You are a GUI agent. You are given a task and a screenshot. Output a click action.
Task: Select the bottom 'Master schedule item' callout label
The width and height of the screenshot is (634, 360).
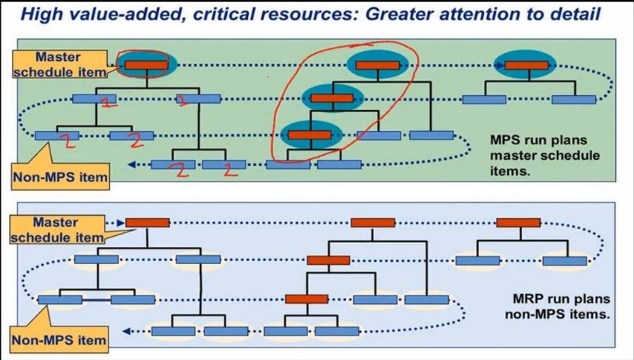tap(57, 230)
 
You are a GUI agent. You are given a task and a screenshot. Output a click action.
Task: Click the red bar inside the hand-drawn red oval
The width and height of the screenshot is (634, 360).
tap(146, 65)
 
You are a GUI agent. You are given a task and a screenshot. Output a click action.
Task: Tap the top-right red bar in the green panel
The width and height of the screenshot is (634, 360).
tap(526, 65)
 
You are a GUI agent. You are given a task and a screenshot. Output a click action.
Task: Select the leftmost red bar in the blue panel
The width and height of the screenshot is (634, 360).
tap(147, 223)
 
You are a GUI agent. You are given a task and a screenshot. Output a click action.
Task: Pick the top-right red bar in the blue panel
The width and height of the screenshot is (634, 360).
tap(518, 223)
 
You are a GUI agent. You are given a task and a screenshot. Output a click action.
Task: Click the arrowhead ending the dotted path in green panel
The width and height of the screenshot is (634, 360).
tap(131, 165)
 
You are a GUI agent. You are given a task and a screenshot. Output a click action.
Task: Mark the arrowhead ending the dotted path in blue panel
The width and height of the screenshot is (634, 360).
tap(126, 331)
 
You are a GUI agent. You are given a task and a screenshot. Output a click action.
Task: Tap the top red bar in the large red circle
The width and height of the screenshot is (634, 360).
tap(377, 65)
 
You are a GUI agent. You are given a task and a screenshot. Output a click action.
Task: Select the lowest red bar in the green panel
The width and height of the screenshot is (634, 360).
tap(309, 135)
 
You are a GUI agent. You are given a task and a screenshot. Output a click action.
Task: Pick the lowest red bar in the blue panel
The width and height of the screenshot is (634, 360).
tap(306, 299)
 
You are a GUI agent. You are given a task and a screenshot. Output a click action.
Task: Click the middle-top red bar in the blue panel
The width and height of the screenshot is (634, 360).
tap(373, 223)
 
